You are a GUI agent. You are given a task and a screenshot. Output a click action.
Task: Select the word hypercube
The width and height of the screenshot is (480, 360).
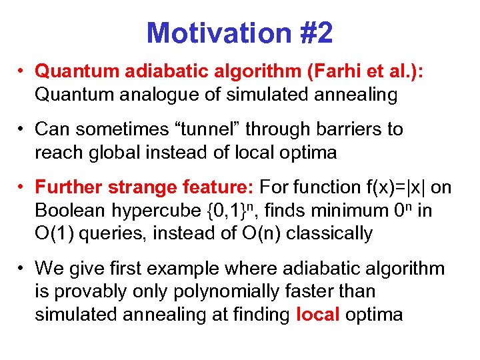(161, 211)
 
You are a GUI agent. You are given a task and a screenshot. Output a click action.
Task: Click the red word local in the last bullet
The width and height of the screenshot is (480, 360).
(319, 314)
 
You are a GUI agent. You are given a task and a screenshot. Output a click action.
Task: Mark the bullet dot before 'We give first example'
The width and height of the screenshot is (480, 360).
(22, 269)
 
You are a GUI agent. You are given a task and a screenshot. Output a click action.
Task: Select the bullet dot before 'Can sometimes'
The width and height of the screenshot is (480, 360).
(22, 129)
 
